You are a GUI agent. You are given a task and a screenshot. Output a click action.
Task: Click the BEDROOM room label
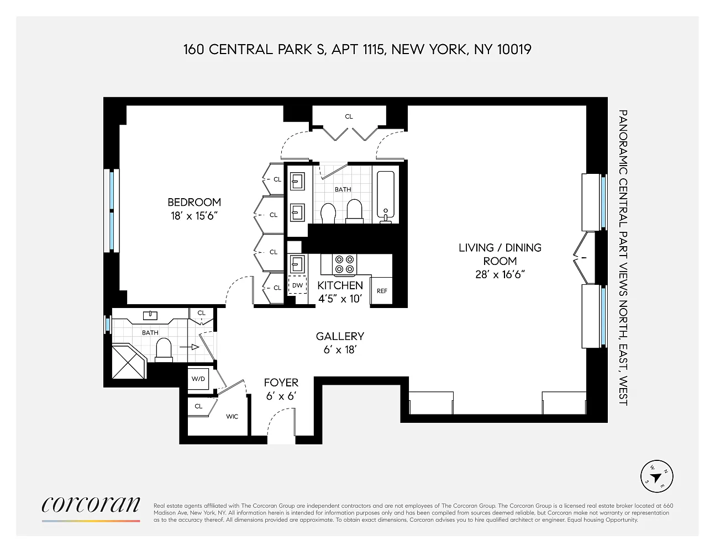click(x=194, y=202)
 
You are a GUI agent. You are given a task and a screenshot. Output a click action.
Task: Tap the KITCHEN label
click(x=340, y=285)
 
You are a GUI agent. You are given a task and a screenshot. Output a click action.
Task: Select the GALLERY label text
click(x=340, y=336)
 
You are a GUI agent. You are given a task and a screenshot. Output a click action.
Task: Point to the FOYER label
click(x=281, y=383)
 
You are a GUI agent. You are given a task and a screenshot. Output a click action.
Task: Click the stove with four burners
click(x=344, y=264)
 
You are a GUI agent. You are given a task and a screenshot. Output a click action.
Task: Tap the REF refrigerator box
click(x=382, y=291)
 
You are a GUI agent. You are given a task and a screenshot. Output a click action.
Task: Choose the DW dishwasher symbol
click(x=297, y=285)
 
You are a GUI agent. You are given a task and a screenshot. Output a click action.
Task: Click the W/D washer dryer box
click(x=198, y=379)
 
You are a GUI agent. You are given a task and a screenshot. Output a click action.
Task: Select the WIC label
click(x=232, y=417)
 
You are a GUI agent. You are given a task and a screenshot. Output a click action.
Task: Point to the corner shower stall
click(x=129, y=361)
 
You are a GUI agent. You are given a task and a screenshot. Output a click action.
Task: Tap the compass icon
click(x=656, y=476)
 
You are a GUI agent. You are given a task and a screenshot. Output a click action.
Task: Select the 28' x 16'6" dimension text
click(x=500, y=274)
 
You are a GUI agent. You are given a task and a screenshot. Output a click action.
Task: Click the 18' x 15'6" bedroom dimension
click(x=194, y=216)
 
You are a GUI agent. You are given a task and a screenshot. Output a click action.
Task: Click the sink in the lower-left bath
click(x=150, y=315)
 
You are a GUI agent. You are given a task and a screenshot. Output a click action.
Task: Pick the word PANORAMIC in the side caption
click(x=623, y=142)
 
